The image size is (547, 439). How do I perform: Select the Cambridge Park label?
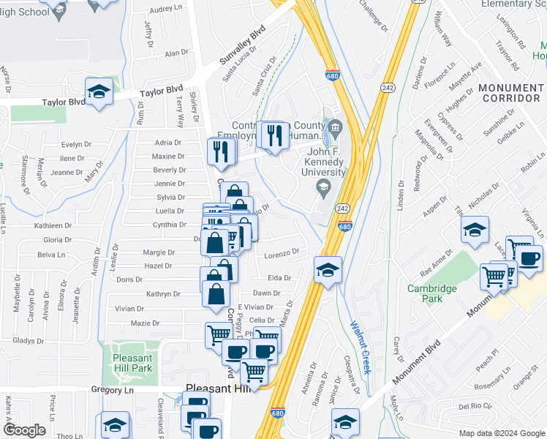[432, 293]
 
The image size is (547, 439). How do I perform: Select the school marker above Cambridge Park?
[475, 230]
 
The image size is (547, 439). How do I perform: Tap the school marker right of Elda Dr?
[328, 269]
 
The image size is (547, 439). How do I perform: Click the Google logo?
[24, 430]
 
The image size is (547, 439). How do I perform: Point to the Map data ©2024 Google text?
[501, 433]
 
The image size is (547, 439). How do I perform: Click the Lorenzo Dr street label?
[282, 252]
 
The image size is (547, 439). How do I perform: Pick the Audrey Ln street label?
[166, 10]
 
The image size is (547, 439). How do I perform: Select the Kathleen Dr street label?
[53, 226]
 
